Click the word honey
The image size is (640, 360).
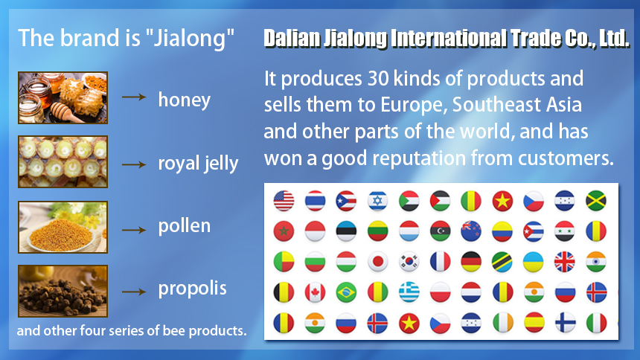[x=185, y=100]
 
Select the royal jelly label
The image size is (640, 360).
[x=198, y=164]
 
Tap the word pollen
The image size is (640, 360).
[x=185, y=225]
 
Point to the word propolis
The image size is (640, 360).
[x=192, y=289]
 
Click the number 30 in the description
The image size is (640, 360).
[x=378, y=78]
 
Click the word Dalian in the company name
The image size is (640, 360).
[x=292, y=39]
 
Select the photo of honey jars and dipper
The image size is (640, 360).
[x=63, y=97]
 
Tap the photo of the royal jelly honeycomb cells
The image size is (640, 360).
[x=63, y=161]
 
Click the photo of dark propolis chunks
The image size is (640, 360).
[x=63, y=291]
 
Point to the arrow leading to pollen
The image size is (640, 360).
[x=134, y=230]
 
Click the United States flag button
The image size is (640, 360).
[x=284, y=201]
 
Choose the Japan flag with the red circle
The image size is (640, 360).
[x=377, y=262]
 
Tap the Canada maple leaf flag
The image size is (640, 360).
[x=315, y=292]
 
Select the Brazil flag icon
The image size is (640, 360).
[x=346, y=292]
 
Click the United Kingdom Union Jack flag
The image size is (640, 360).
[x=565, y=262]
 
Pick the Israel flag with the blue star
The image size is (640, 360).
[x=377, y=201]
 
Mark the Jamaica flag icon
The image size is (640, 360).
[x=596, y=201]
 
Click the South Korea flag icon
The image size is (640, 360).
[x=409, y=262]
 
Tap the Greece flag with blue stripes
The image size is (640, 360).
[x=409, y=292]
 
